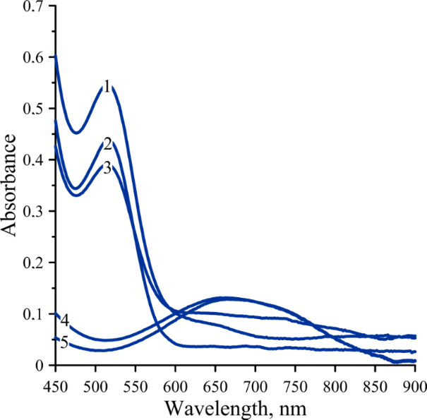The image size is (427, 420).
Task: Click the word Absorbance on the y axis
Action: (x=10, y=186)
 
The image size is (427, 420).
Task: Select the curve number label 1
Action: (x=107, y=87)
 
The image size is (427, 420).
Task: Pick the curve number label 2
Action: (x=107, y=145)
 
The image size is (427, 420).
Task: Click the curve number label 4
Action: (x=64, y=320)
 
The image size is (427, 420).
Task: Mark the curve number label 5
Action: (x=64, y=343)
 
